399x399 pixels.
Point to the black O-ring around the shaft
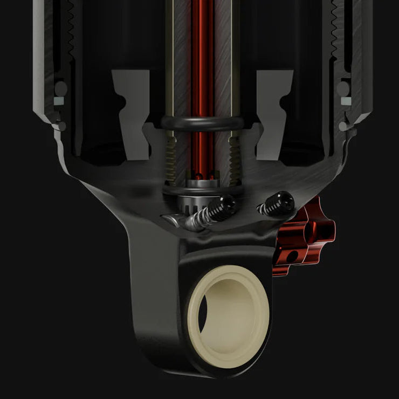tap(202, 123)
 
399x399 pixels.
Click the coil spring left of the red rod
tap(171, 156)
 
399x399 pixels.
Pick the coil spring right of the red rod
tap(233, 156)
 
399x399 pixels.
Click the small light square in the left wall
tap(57, 101)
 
